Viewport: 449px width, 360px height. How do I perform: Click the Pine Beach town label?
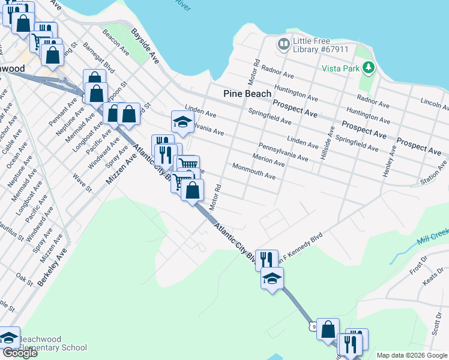point(247,94)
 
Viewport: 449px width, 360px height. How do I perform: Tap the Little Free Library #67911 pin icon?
point(283,44)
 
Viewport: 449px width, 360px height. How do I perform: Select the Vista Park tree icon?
point(370,68)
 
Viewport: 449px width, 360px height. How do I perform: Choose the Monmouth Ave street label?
point(253,172)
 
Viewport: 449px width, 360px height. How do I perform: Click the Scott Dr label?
point(437,324)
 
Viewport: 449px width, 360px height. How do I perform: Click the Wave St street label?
point(82,183)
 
